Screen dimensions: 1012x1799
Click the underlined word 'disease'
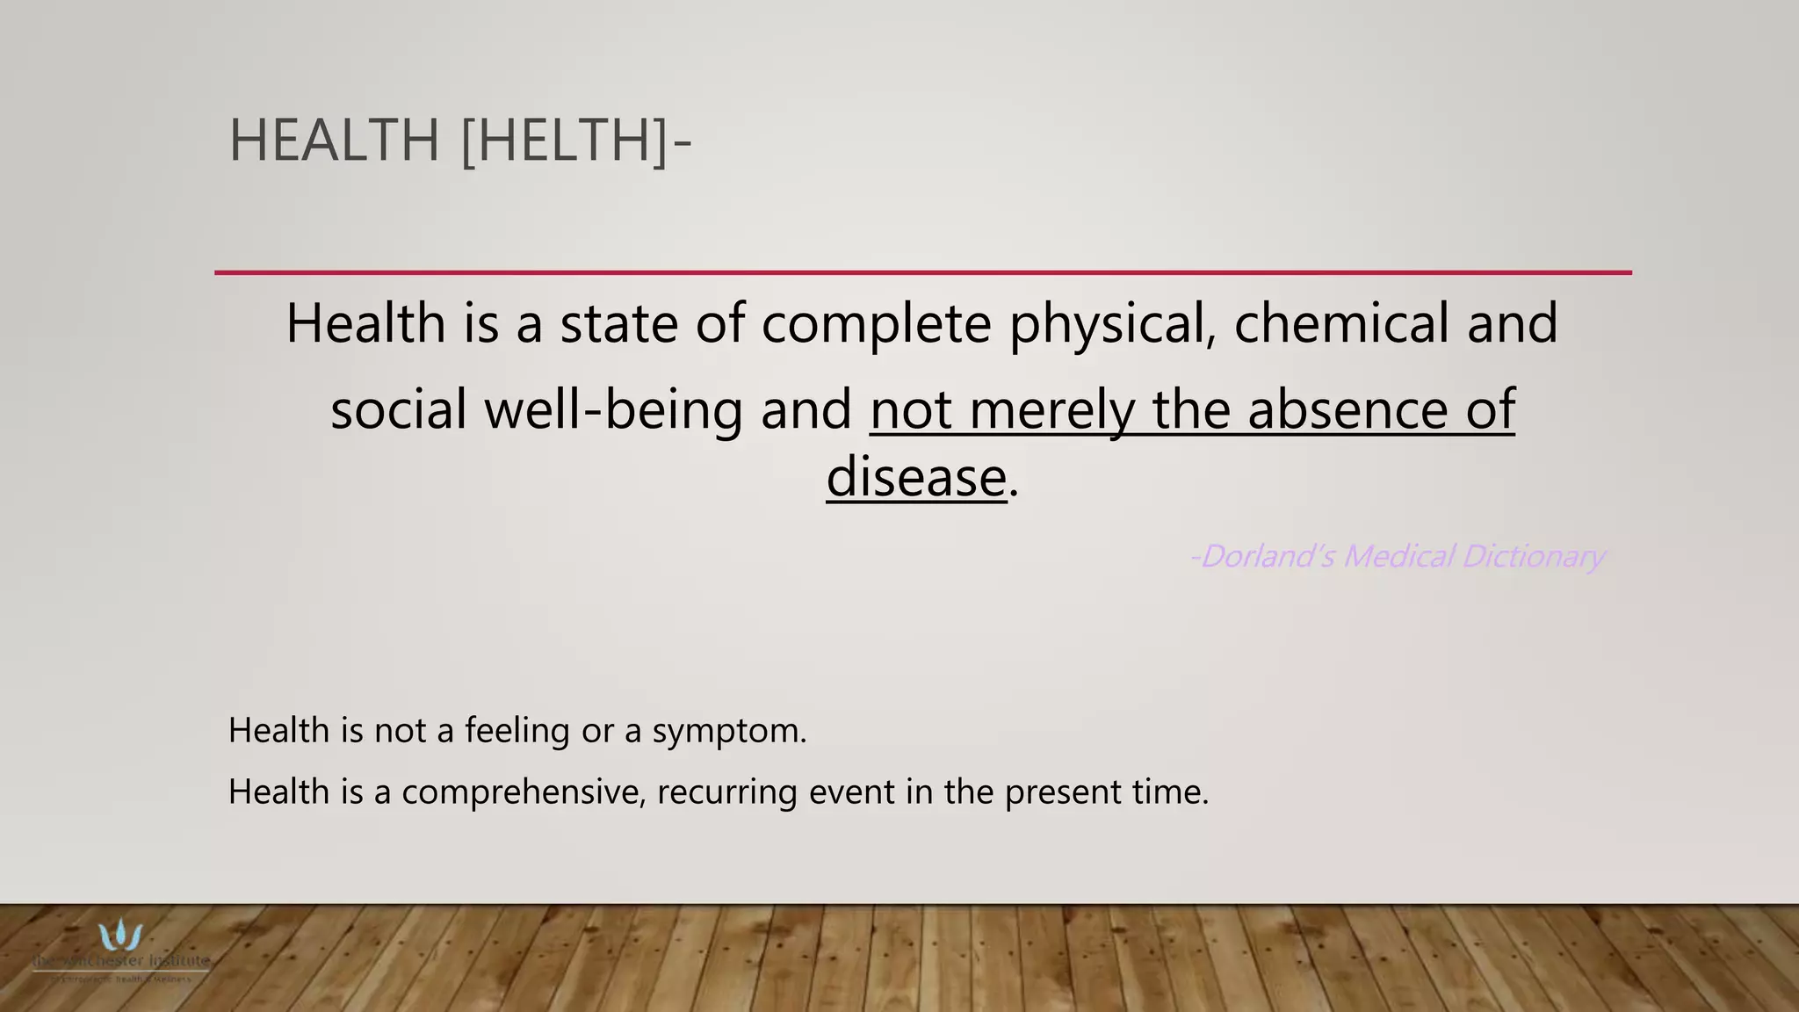916,477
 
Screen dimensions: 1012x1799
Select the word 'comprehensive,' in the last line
524,792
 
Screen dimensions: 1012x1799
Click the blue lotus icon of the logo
120,935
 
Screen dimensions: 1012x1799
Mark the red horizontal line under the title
922,272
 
